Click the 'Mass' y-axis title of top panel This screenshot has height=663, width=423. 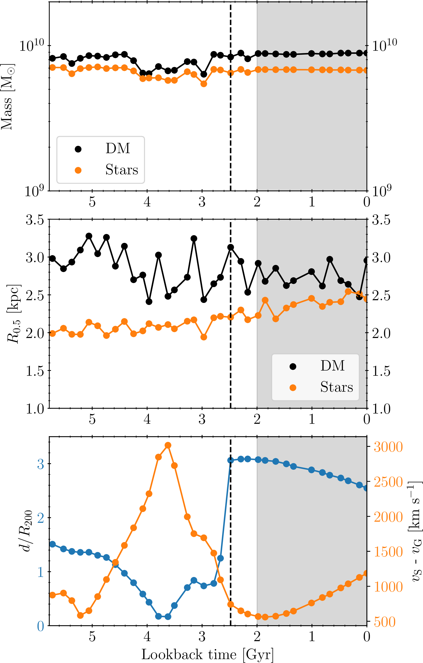click(8, 97)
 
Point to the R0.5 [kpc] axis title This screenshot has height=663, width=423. click(14, 314)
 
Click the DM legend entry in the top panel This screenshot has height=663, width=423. click(118, 148)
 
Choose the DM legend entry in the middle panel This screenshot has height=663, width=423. click(332, 366)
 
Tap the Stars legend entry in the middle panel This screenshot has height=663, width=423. click(336, 387)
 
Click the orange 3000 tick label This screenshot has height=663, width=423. click(388, 447)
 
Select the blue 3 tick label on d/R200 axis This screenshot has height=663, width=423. click(41, 464)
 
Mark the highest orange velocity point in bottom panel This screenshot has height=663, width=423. click(168, 445)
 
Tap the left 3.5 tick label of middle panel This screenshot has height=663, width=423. click(35, 220)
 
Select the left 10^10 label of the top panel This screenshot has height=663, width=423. click(31, 46)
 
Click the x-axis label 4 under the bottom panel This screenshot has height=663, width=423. click(147, 637)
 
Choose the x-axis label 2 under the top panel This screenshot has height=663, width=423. click(257, 202)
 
